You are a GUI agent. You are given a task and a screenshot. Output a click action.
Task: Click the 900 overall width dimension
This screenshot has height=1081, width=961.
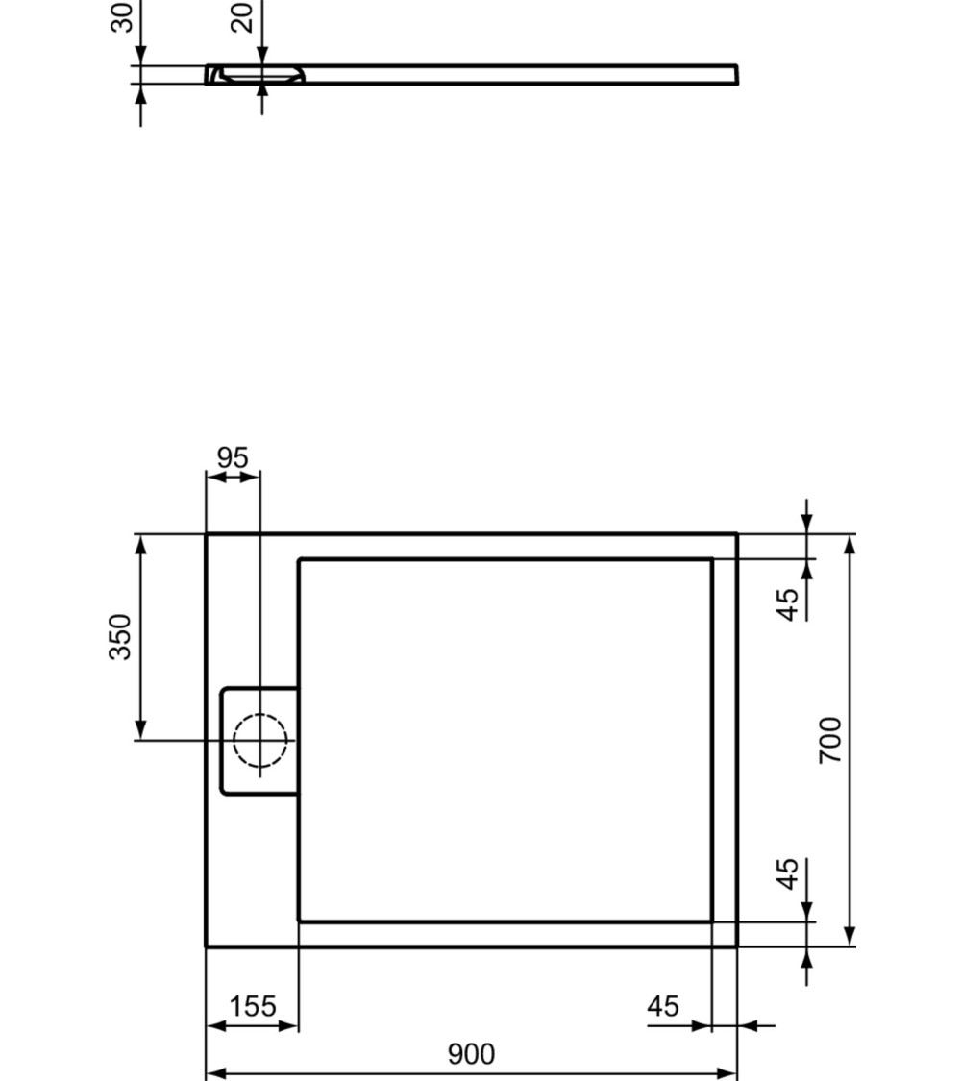pyautogui.click(x=471, y=1054)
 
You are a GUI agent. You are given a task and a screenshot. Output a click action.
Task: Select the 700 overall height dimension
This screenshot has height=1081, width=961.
pyautogui.click(x=830, y=740)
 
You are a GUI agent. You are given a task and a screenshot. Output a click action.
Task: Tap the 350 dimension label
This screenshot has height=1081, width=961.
pyautogui.click(x=120, y=636)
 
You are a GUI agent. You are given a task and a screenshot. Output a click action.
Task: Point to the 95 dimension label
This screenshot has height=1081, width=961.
pyautogui.click(x=233, y=458)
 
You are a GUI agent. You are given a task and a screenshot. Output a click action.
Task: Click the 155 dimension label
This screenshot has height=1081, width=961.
pyautogui.click(x=253, y=1006)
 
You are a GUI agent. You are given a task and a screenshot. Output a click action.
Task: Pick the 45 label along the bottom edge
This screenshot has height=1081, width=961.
pyautogui.click(x=663, y=1006)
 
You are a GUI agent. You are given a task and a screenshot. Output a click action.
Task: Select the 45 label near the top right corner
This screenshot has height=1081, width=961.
pyautogui.click(x=787, y=604)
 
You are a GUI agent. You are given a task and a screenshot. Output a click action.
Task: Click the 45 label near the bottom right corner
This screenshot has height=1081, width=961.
pyautogui.click(x=787, y=873)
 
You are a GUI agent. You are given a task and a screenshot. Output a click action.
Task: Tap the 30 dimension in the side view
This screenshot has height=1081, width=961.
pyautogui.click(x=122, y=17)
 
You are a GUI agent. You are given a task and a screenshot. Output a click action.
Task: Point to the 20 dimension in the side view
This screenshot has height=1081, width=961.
pyautogui.click(x=243, y=17)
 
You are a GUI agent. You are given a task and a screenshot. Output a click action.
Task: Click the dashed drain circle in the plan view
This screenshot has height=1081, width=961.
pyautogui.click(x=259, y=741)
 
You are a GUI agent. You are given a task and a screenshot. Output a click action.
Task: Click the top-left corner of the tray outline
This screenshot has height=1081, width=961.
pyautogui.click(x=207, y=534)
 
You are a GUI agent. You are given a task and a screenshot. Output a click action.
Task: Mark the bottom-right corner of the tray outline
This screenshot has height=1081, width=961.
pyautogui.click(x=736, y=946)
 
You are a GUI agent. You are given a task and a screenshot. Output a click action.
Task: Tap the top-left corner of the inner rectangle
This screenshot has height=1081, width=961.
pyautogui.click(x=299, y=559)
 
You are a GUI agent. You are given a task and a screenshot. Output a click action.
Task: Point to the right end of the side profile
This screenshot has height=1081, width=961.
pyautogui.click(x=735, y=75)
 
